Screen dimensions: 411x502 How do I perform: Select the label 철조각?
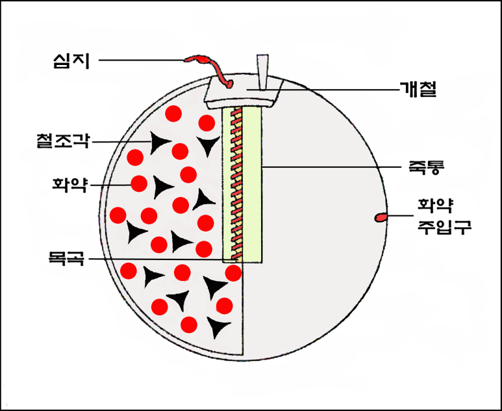point(63,139)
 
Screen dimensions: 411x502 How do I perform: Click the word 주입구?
point(444,228)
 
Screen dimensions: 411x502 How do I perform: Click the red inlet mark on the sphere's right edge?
point(380,217)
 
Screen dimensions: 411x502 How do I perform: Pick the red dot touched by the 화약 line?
point(139,184)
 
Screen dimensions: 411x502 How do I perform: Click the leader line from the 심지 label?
point(143,60)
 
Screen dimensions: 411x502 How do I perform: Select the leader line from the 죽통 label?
point(331,167)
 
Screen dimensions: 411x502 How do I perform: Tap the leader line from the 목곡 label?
point(162,259)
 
